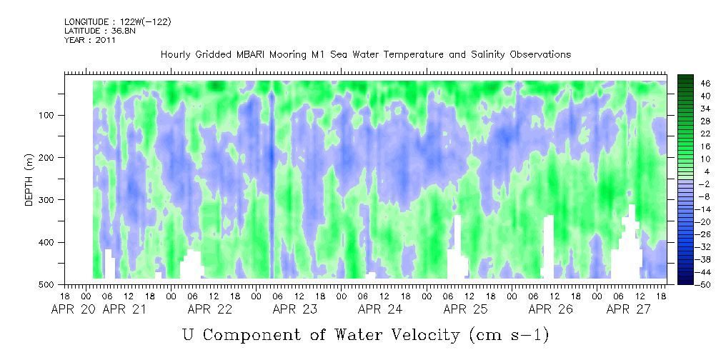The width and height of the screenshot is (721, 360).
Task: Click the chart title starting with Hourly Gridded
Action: click(366, 54)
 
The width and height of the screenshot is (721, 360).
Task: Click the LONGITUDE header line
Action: click(117, 22)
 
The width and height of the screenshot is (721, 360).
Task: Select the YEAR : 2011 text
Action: click(90, 40)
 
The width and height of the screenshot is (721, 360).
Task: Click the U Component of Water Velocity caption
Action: click(366, 334)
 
